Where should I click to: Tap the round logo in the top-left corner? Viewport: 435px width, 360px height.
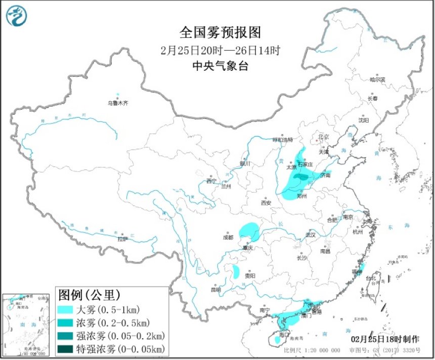tap(16, 16)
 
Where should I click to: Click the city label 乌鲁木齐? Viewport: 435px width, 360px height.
tap(117, 103)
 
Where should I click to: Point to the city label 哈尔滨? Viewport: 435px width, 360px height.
tap(377, 80)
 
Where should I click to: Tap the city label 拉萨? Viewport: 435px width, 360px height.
tap(122, 239)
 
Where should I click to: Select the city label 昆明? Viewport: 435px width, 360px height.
tap(216, 290)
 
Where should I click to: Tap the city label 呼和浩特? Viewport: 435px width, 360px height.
tap(283, 140)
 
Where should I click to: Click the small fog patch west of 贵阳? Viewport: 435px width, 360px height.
tap(236, 273)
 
